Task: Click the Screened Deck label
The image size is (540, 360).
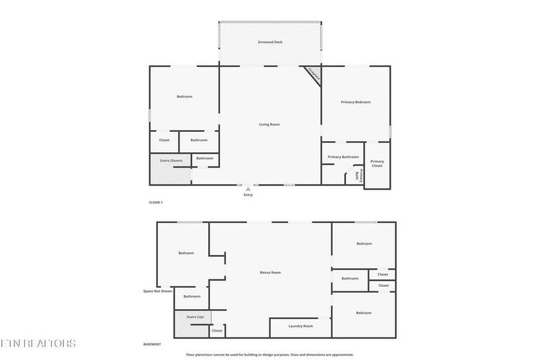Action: coord(269,42)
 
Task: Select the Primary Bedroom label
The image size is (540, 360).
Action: coord(355,102)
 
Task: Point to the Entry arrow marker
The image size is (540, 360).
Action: coord(248,189)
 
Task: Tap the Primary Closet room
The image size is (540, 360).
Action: coord(377,164)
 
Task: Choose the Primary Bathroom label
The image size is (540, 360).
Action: coord(343,157)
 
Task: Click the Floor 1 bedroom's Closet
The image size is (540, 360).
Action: coord(164,139)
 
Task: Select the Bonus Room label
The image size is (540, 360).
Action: coord(270,273)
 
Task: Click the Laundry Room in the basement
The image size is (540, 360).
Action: coord(300,326)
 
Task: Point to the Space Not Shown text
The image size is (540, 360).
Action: coord(157,291)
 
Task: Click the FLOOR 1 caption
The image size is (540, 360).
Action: coord(156,203)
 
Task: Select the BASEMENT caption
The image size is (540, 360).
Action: coord(152,345)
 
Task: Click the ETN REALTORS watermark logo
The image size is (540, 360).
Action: coord(38,343)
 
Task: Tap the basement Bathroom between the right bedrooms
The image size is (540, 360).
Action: coord(350,278)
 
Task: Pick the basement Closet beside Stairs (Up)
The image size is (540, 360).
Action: coord(217,330)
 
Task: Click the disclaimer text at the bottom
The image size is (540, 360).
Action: coord(270,354)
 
